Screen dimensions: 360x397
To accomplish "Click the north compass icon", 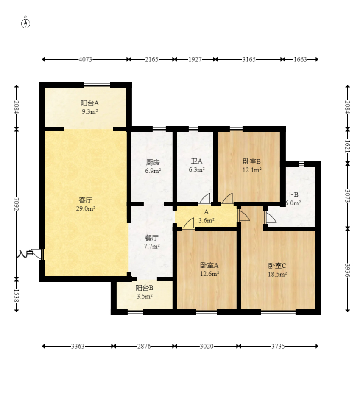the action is click(25, 24).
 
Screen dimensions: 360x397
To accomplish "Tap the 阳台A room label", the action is click(90, 103).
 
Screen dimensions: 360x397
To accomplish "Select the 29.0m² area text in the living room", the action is click(86, 208).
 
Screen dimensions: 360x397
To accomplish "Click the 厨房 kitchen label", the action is click(153, 162).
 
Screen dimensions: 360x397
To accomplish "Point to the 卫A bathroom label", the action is click(197, 161).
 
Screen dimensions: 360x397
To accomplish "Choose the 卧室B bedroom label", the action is click(252, 161).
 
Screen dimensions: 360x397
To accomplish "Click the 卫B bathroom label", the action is click(293, 194).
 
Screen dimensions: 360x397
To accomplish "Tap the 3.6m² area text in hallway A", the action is click(207, 220).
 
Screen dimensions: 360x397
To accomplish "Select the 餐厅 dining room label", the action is click(152, 238).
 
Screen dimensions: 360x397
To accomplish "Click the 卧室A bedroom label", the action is click(209, 265).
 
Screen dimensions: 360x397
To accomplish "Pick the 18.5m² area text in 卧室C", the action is click(277, 274).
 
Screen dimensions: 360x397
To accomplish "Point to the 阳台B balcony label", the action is click(145, 288).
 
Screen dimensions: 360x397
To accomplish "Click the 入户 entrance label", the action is click(25, 253).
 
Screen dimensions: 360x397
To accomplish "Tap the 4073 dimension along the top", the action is click(86, 59).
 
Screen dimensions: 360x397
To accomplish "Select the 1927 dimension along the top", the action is click(195, 59).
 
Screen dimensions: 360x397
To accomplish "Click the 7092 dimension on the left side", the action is click(17, 204).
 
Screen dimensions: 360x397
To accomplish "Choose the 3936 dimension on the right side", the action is click(348, 270).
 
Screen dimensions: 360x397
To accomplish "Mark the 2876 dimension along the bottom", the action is click(144, 346).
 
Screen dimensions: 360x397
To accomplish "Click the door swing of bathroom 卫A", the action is click(205, 198).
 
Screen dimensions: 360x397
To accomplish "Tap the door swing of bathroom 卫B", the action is click(271, 217).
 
